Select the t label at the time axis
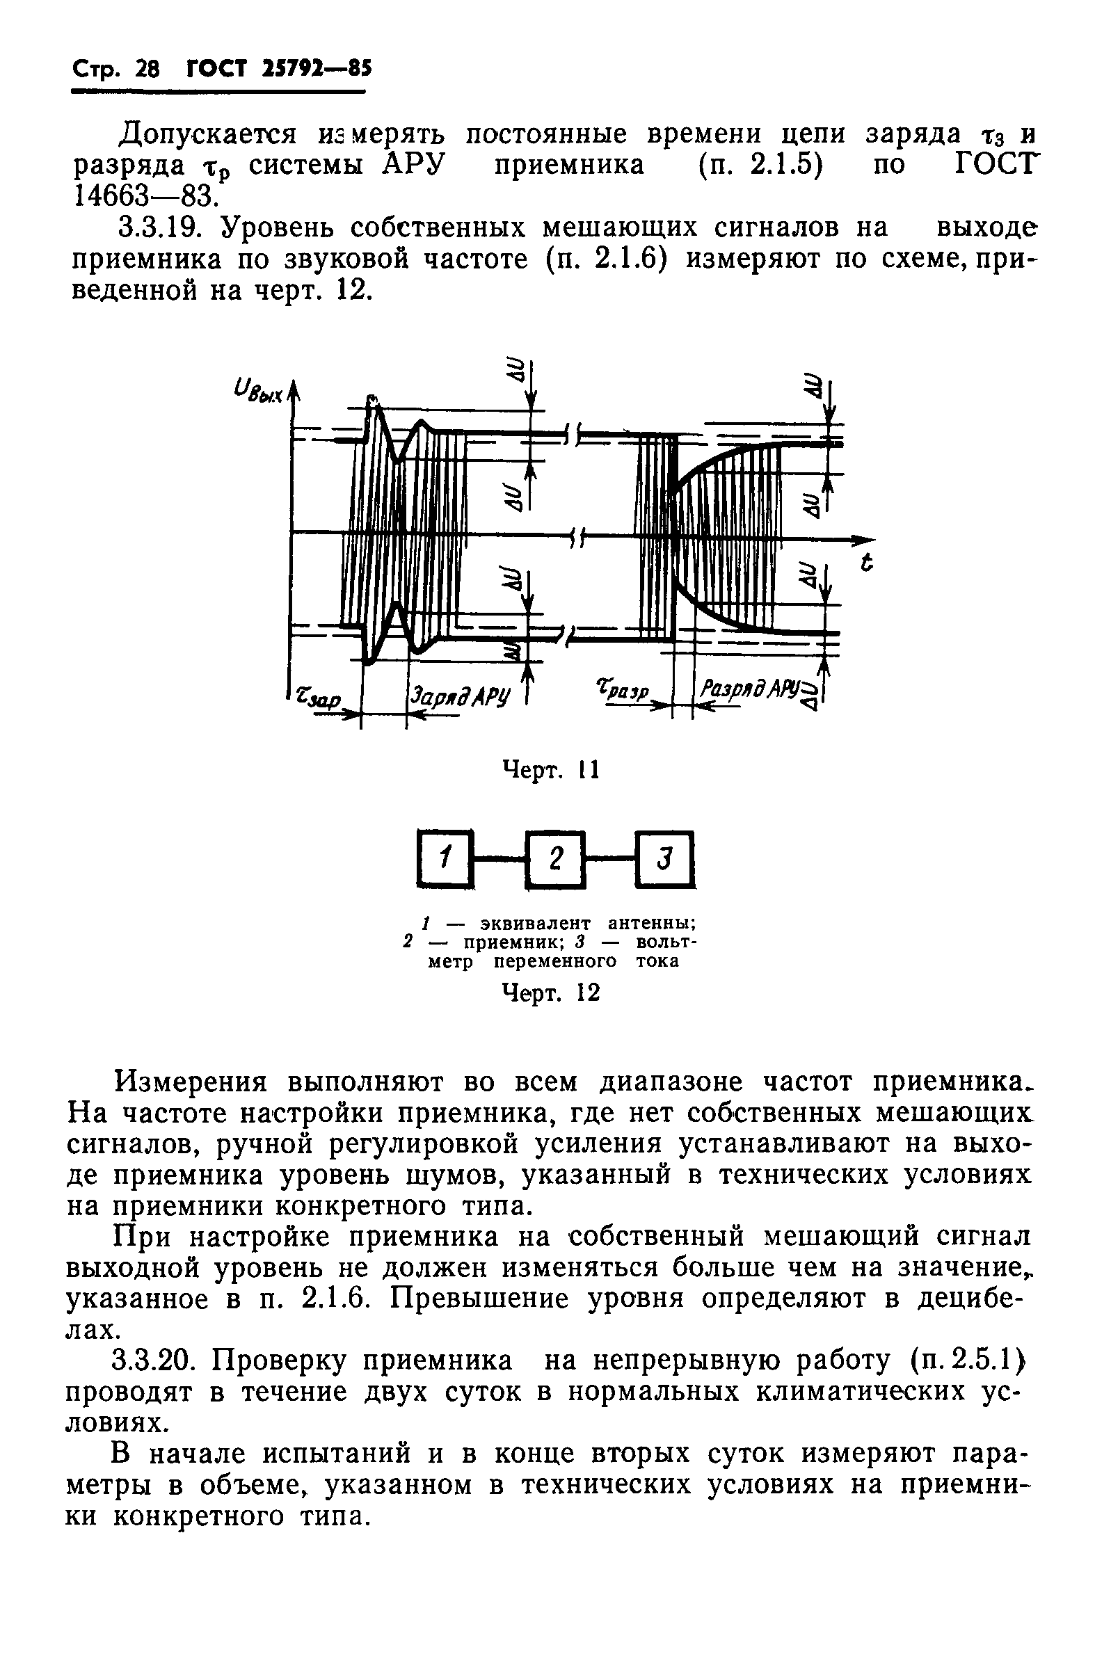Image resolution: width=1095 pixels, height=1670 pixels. coord(868,562)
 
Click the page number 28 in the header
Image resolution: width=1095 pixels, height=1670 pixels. coord(147,69)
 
